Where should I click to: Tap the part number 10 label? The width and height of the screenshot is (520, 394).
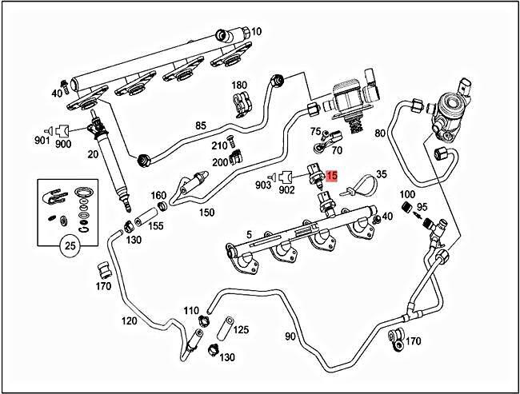[x=256, y=32]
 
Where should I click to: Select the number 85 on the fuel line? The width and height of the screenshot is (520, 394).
[x=201, y=125]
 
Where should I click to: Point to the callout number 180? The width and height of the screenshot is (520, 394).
[x=239, y=85]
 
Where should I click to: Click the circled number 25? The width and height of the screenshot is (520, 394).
[x=70, y=247]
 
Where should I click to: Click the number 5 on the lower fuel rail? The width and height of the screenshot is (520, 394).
[x=249, y=235]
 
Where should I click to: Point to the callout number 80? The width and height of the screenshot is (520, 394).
[x=380, y=133]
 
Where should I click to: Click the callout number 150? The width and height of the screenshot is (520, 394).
[x=207, y=213]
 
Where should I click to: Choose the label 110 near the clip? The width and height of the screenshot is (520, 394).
[x=191, y=310]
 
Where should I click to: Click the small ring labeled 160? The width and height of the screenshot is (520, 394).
[x=161, y=208]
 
